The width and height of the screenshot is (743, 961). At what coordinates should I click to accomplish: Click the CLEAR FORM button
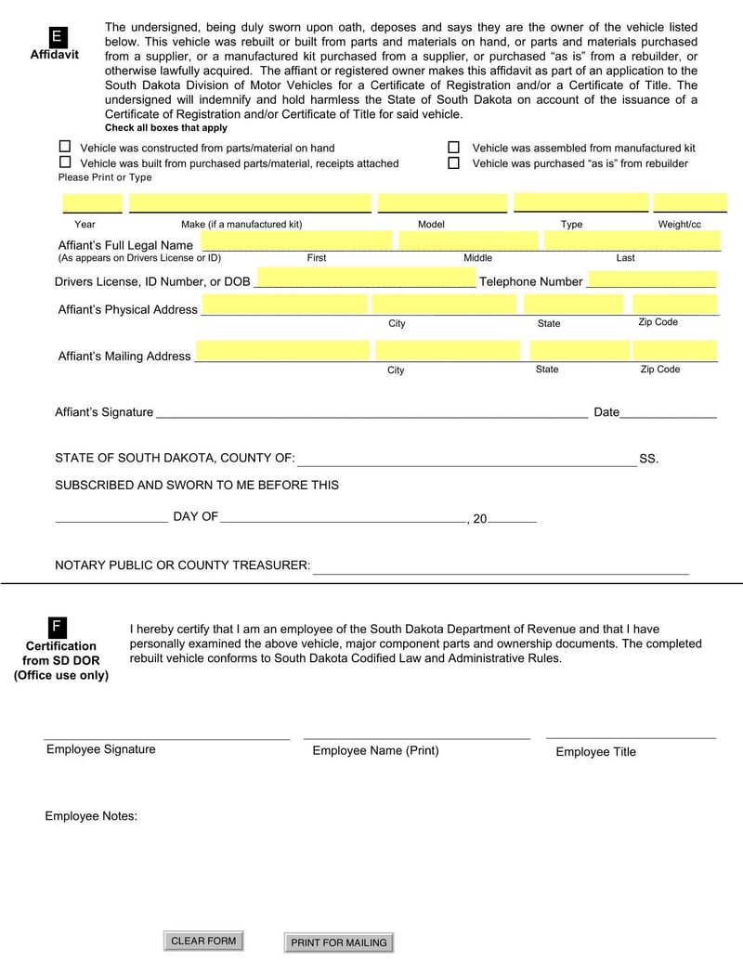[x=203, y=941]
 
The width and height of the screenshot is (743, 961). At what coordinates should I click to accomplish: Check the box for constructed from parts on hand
[x=65, y=147]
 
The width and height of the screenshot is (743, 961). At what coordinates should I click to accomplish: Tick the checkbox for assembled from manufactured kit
[x=454, y=148]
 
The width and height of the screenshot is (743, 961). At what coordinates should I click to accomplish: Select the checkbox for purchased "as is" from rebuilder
[x=454, y=163]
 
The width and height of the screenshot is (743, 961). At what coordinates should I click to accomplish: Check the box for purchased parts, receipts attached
[x=65, y=162]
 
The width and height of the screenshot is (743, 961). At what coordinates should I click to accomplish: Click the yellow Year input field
[x=92, y=203]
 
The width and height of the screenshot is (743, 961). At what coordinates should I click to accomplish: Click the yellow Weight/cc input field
[x=689, y=203]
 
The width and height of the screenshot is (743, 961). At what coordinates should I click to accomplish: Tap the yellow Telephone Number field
[x=652, y=279]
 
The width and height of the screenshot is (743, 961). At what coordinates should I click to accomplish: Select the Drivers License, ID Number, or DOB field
[x=365, y=279]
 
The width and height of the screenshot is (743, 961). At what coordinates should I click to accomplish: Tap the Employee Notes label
[x=91, y=816]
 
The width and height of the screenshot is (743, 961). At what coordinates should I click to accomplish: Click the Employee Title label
[x=595, y=752]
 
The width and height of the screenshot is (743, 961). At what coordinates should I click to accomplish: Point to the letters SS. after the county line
[x=648, y=459]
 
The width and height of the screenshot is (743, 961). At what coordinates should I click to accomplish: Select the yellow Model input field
[x=442, y=203]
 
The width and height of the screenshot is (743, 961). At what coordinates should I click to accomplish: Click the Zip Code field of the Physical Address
[x=675, y=305]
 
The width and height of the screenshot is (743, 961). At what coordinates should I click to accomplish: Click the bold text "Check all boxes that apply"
[x=165, y=128]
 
